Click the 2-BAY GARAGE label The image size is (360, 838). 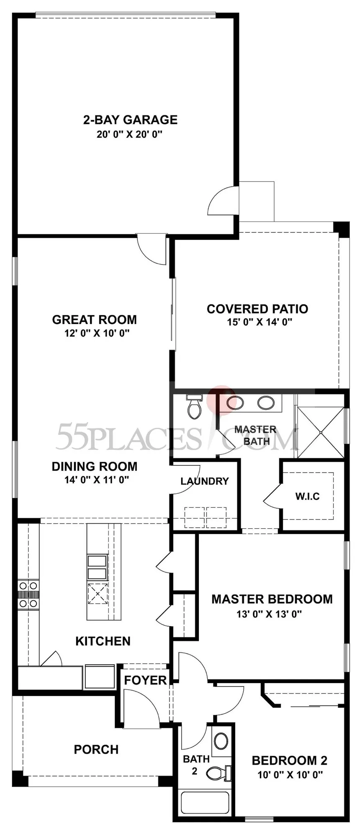(x=130, y=120)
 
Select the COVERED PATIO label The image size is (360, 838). (x=257, y=309)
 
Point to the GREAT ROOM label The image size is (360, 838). (x=94, y=319)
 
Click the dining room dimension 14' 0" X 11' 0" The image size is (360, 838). (x=97, y=480)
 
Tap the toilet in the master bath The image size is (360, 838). (x=194, y=407)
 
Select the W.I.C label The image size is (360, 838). (x=308, y=496)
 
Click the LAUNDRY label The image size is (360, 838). (x=205, y=481)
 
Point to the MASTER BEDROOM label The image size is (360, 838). (x=272, y=599)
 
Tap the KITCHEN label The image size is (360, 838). (x=103, y=641)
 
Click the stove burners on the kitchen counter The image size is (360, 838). (x=28, y=594)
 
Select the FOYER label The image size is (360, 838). (x=145, y=680)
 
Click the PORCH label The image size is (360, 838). (x=96, y=749)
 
